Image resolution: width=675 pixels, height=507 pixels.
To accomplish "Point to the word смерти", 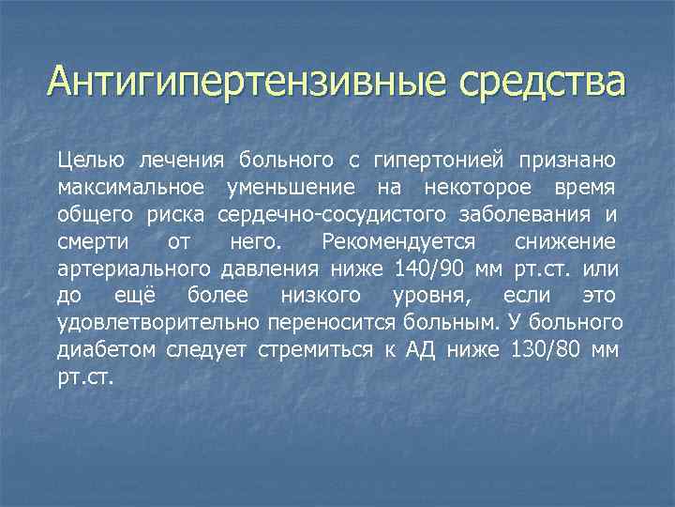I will [x=90, y=241].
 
